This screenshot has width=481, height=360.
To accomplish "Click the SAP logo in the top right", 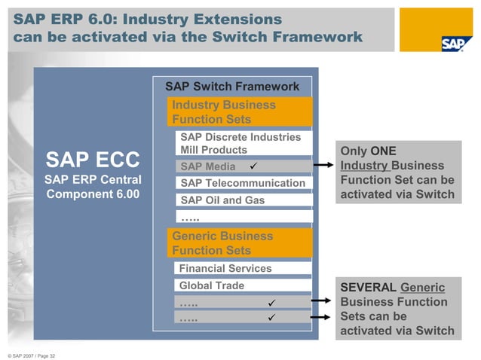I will [457, 42].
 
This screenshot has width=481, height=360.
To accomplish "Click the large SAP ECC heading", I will [93, 160].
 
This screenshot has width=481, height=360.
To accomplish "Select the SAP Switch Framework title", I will [232, 87].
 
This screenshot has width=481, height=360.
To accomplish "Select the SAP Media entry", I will [208, 166].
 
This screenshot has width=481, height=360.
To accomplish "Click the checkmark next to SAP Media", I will [254, 166].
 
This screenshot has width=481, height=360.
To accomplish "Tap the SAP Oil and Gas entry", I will [222, 200].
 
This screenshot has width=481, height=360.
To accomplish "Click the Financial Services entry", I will [225, 268].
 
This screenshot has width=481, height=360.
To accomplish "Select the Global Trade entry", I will [212, 285].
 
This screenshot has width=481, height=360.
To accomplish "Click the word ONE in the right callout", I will [383, 151].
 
